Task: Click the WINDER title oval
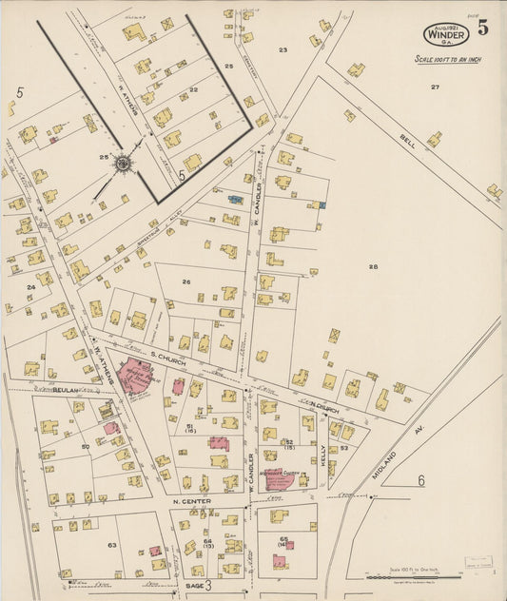coord(446,32)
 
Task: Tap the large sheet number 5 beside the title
coord(483,28)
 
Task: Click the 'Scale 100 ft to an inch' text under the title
coord(450,59)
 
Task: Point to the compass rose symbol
coord(123,165)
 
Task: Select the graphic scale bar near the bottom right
coord(410,576)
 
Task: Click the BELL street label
coord(409,145)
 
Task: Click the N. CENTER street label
coord(190,501)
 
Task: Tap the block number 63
coord(111,545)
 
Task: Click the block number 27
coord(435,87)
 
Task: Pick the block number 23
coord(283,48)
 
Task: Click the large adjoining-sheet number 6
coord(420,481)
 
